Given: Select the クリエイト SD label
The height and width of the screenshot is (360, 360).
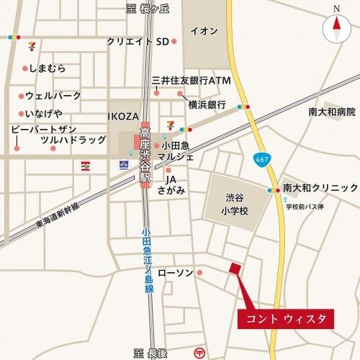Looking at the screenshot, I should tap(137, 41).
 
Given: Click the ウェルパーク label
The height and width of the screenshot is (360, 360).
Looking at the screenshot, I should tap(53, 95).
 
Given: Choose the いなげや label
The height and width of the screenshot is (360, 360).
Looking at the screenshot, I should tap(44, 114).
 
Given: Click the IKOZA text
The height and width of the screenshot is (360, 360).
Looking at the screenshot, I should tap(122, 115).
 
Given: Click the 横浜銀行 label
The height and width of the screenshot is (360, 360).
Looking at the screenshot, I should tap(208, 104).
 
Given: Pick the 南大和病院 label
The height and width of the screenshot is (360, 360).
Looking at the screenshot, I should tap(332, 112).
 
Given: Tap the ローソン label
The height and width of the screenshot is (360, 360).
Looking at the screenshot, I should tap(176, 272).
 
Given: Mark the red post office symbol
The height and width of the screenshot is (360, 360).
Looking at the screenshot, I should tap(199, 353).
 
